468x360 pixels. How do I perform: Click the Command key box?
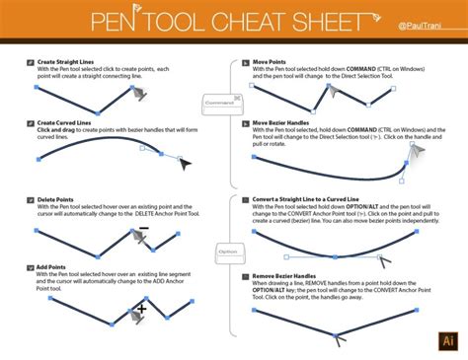(218, 101)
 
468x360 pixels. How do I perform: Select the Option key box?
(229, 252)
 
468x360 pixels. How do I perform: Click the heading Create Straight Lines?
(70, 61)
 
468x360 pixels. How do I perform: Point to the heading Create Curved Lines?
(68, 122)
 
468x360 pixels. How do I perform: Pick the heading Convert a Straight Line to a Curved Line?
(322, 198)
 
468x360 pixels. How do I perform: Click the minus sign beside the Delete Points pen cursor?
(143, 228)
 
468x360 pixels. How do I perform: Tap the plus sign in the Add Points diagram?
(141, 308)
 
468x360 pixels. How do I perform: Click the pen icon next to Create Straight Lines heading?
(31, 62)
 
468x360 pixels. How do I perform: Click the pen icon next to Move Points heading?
(245, 62)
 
